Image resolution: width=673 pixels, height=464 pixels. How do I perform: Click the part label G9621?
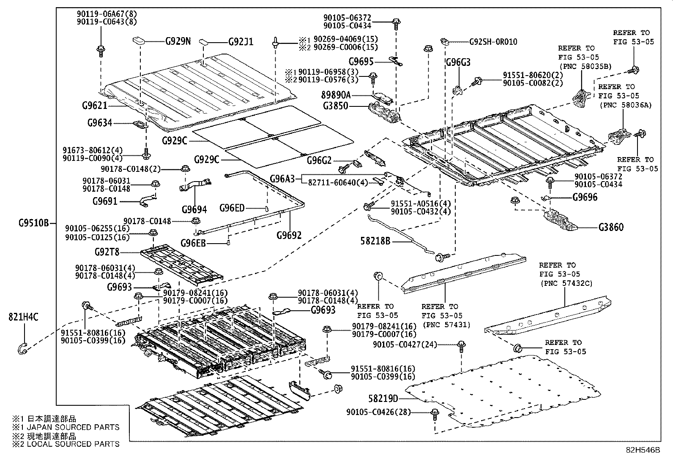click(x=94, y=106)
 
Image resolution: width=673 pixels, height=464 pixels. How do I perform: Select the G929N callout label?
click(x=178, y=41)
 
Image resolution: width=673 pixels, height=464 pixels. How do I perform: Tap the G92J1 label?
click(x=241, y=42)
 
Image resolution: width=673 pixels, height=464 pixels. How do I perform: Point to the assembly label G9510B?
click(x=33, y=223)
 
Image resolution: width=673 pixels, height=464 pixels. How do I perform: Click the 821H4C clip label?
click(x=23, y=317)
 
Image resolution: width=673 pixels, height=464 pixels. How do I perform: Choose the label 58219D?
click(x=383, y=399)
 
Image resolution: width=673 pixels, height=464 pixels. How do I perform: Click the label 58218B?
click(x=375, y=241)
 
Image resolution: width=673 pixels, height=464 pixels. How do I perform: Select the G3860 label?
click(x=611, y=227)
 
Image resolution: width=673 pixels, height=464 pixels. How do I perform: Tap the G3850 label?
click(x=336, y=106)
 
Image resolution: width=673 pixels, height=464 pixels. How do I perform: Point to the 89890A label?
click(x=336, y=95)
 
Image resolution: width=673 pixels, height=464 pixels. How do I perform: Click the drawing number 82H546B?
click(x=643, y=450)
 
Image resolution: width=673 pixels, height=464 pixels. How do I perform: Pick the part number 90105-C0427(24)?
click(x=405, y=344)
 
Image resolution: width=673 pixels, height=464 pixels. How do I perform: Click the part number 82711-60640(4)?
click(x=338, y=182)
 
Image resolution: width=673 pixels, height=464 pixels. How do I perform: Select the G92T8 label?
click(x=107, y=252)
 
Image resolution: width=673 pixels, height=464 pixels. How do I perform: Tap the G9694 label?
click(x=194, y=209)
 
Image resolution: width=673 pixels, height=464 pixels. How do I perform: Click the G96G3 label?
click(x=458, y=62)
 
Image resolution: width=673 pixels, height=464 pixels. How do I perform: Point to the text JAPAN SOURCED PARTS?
click(x=73, y=427)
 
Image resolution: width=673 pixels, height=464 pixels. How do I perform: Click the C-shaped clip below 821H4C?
click(x=22, y=348)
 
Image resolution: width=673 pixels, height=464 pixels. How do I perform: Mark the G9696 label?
click(x=585, y=197)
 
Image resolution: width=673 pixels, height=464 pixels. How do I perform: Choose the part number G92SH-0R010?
click(x=493, y=42)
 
